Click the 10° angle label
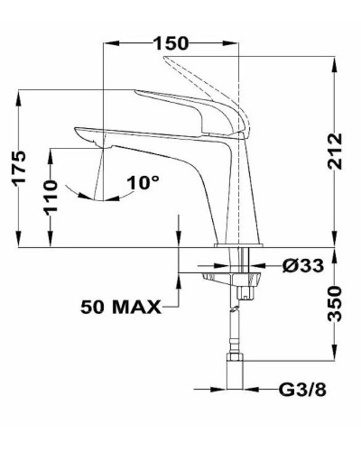(x=143, y=182)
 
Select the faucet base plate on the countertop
(x=238, y=245)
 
